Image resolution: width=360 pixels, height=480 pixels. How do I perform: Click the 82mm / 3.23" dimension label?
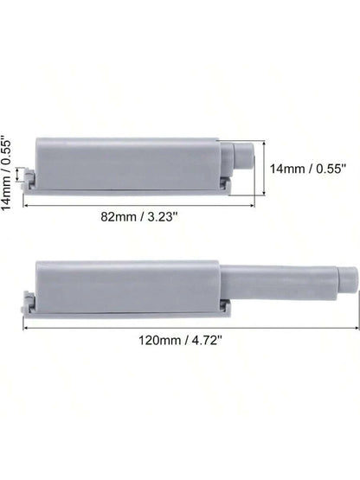tap(139, 217)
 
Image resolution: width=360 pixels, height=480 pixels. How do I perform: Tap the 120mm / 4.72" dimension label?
tap(181, 340)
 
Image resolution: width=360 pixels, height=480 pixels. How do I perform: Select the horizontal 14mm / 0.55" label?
tap(308, 169)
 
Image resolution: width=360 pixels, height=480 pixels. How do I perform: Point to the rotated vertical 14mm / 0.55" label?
tap(6, 173)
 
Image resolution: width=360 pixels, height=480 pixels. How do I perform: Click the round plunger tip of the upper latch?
tap(243, 155)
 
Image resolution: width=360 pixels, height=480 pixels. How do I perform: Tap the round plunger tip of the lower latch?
tap(347, 279)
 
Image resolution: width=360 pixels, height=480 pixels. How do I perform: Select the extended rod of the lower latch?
tap(279, 282)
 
